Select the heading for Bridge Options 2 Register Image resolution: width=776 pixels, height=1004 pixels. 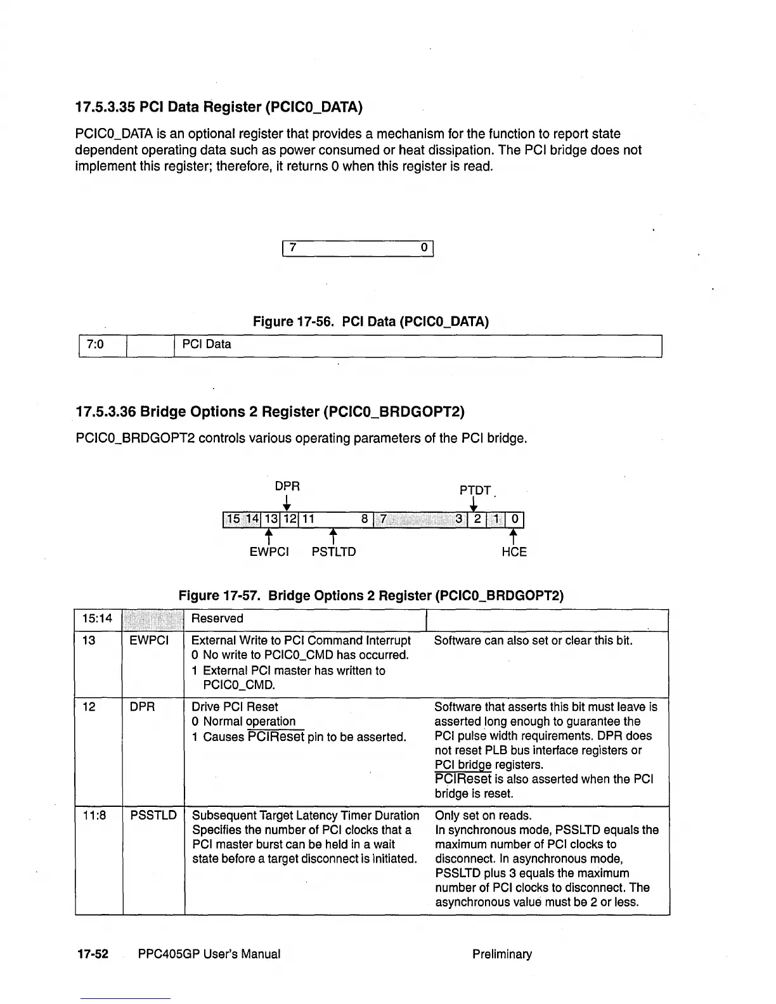point(270,412)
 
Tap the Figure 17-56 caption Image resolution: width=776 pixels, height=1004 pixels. point(371,321)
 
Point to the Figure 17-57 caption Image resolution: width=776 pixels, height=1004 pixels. point(371,596)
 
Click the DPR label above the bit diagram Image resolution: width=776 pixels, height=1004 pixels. point(287,486)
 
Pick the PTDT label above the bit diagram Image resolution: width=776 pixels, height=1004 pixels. point(475,491)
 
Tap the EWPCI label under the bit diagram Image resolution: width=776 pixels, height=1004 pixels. point(269,552)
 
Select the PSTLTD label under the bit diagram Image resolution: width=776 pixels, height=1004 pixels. point(333,552)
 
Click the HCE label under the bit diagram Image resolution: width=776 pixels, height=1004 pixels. point(514,552)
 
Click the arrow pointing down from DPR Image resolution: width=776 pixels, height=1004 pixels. point(287,503)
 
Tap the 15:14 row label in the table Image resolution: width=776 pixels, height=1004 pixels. point(97,619)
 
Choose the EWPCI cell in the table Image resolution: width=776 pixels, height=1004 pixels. point(149,641)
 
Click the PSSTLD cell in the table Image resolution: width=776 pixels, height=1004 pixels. point(153,815)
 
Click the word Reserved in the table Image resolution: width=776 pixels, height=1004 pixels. point(217,619)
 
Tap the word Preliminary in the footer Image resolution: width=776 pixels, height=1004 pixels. point(502,954)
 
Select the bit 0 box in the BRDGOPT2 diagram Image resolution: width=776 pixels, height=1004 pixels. point(515,520)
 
